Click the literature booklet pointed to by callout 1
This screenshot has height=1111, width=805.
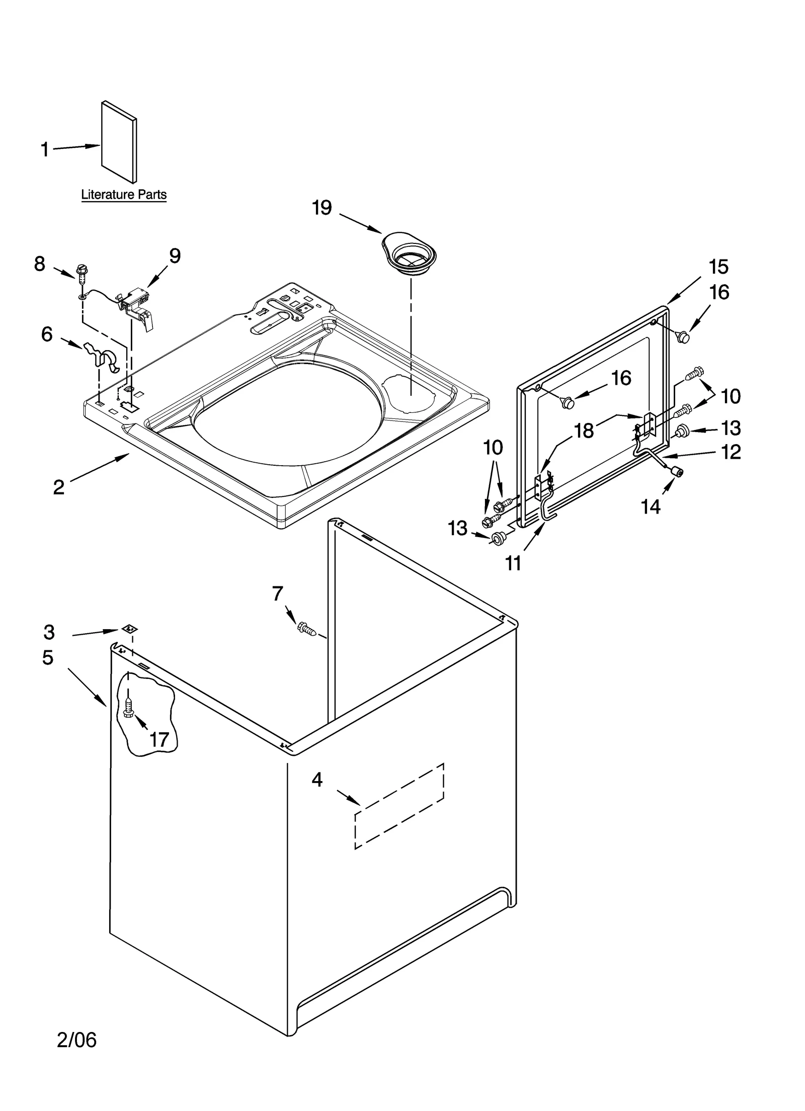(119, 142)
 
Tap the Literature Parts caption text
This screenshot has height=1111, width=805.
(124, 195)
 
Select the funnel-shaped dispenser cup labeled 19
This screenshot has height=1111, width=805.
(409, 254)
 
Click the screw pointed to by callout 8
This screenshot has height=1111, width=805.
(80, 272)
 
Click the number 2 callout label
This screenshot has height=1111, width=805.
(59, 486)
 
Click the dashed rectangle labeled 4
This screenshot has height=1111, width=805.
(399, 805)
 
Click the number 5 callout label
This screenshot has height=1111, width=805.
(48, 657)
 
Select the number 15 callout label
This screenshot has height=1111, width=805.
(718, 267)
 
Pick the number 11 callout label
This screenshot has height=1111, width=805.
(513, 564)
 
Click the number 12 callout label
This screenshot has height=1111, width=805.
(731, 452)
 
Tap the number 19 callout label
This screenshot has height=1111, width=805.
(322, 207)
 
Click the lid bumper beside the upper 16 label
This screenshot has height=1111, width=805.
(682, 337)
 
